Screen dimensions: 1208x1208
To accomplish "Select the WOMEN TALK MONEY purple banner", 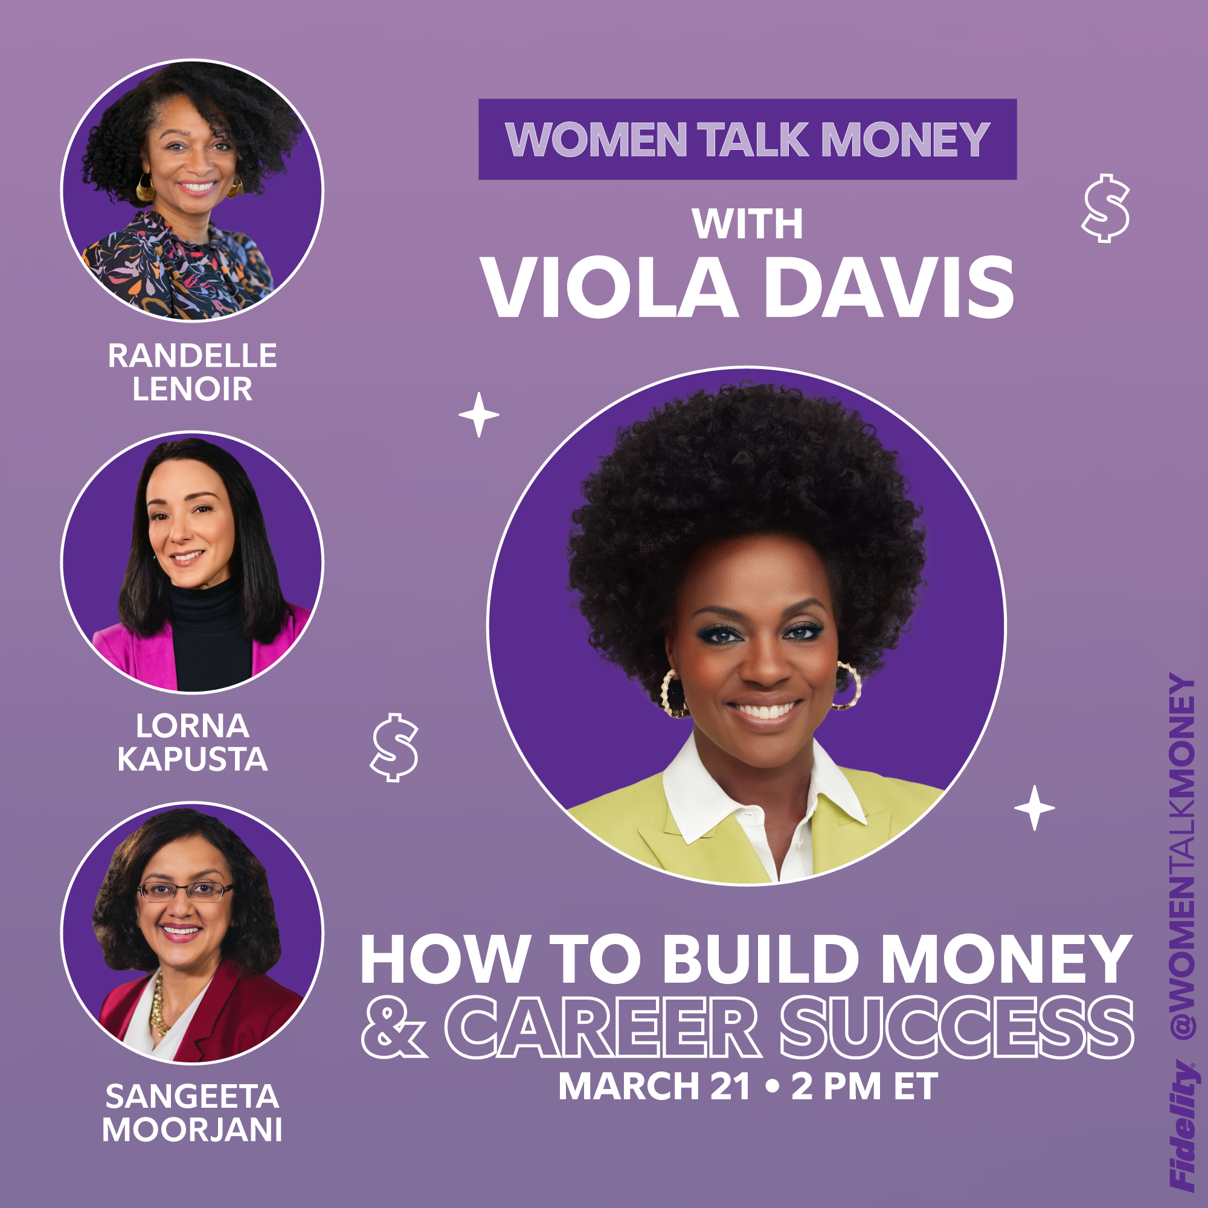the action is click(x=747, y=139).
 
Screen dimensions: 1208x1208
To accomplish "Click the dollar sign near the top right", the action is click(x=1105, y=208).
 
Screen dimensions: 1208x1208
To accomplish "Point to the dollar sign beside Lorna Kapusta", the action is click(x=394, y=747).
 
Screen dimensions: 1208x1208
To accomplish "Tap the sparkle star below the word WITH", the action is click(x=479, y=414).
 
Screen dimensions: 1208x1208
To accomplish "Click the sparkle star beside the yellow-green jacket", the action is click(x=1034, y=808).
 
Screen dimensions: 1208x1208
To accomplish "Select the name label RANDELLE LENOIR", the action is click(x=193, y=372).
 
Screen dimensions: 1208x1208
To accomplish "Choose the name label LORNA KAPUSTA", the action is click(x=193, y=742).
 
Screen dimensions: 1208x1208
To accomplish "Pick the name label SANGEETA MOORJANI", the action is click(x=193, y=1113).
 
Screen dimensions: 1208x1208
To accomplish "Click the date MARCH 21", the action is click(x=654, y=1086).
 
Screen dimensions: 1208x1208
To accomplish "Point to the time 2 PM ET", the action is click(x=865, y=1086).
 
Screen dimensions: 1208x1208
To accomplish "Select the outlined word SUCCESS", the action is click(x=957, y=1027).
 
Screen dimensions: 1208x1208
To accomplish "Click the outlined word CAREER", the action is click(x=603, y=1027).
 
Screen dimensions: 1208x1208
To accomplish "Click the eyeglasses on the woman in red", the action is click(x=185, y=890).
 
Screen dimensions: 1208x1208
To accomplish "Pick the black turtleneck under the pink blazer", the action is click(x=209, y=638).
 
